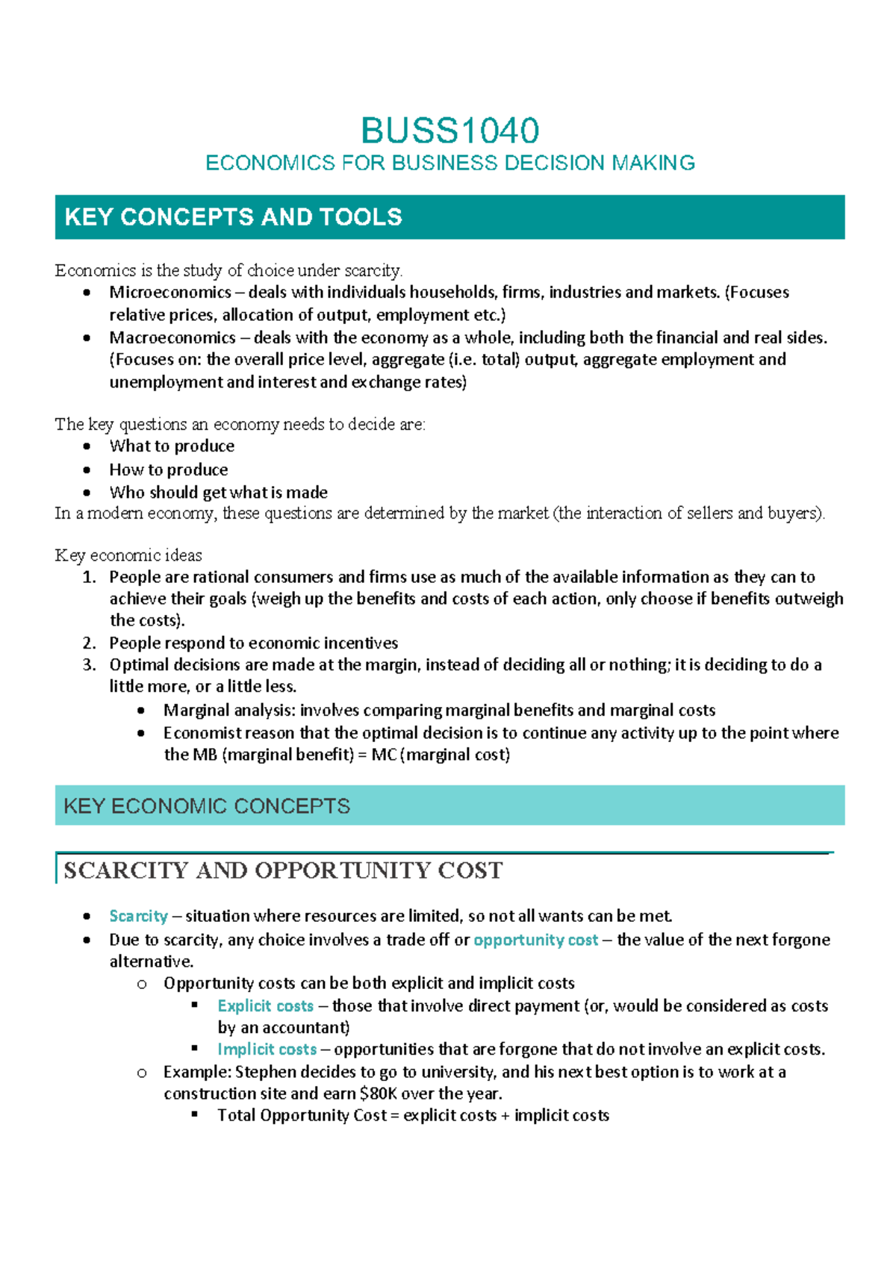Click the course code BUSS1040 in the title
point(449,131)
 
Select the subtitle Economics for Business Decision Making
point(449,163)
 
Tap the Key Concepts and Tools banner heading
point(233,217)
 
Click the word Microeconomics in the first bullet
point(170,292)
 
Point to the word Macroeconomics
point(172,337)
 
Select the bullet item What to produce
point(172,446)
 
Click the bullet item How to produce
point(169,470)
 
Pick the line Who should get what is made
point(218,492)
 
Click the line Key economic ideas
point(128,555)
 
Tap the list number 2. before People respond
point(90,643)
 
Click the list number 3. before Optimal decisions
point(90,664)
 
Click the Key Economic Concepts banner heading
point(207,806)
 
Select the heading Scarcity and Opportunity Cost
point(283,870)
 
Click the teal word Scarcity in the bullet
point(138,916)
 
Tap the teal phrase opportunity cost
point(535,940)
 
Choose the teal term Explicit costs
point(265,1005)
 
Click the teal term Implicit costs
point(267,1049)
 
